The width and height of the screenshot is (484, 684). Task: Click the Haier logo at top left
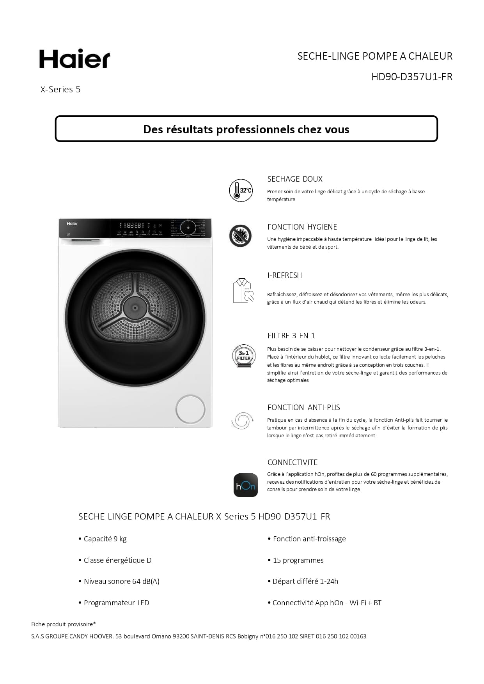coord(74,59)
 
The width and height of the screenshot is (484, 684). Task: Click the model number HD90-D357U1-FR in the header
coord(411,77)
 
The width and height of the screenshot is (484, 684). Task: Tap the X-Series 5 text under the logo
coord(60,89)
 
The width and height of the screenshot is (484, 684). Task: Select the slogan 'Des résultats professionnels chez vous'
coord(246,129)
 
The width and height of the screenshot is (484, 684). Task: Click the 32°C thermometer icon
coord(241,191)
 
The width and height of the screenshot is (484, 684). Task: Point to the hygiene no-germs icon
coord(240,236)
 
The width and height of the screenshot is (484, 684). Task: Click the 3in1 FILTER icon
coord(244,356)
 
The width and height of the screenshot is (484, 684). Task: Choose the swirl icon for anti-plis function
coord(242,421)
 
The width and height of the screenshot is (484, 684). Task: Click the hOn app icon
coord(245,485)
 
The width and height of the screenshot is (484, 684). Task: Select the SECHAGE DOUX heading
coord(295,179)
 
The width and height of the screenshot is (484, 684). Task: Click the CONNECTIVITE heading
coord(293,462)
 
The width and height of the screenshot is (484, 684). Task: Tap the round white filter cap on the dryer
coord(190,409)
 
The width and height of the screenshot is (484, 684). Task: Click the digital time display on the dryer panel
coord(134,225)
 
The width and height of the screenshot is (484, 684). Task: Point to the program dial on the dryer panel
coord(188,227)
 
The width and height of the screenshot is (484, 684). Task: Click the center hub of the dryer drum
coord(135,308)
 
